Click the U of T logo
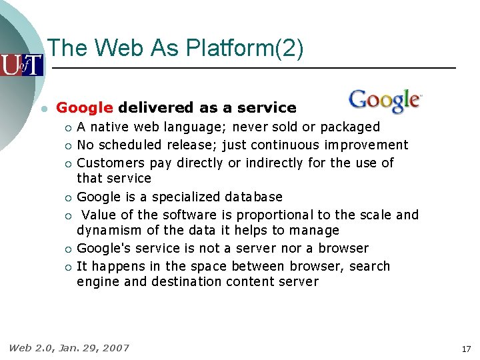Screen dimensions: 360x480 (21, 65)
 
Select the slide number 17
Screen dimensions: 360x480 (466, 349)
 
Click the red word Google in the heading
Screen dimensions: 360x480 (85, 108)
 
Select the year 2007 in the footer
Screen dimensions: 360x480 (116, 347)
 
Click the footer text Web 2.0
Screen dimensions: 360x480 (31, 347)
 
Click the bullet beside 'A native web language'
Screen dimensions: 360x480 (67, 127)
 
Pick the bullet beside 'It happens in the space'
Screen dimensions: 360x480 (67, 267)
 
